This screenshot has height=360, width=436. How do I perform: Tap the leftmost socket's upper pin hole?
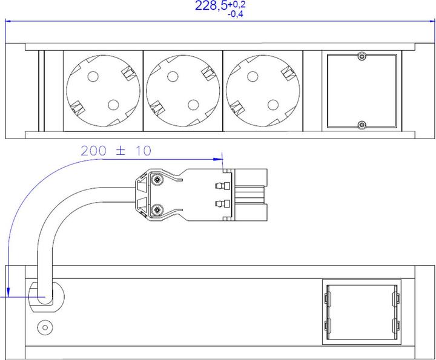click(x=93, y=77)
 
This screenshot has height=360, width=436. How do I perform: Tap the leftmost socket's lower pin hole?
click(x=113, y=105)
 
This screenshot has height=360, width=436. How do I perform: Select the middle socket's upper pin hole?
click(x=173, y=77)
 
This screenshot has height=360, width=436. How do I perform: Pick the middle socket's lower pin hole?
click(x=193, y=105)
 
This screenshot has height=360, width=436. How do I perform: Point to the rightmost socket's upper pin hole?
click(x=253, y=77)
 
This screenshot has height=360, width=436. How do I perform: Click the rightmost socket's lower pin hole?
click(x=272, y=105)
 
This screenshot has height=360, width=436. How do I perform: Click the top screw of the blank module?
click(x=362, y=57)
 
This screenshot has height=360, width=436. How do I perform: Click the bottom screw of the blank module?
click(x=362, y=125)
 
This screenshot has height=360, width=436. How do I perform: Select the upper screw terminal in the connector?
click(x=157, y=180)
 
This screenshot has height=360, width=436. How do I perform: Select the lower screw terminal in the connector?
click(x=157, y=209)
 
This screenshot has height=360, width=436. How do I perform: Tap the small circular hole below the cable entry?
click(x=44, y=327)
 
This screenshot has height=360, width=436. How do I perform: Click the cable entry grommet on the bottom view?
click(x=44, y=296)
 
